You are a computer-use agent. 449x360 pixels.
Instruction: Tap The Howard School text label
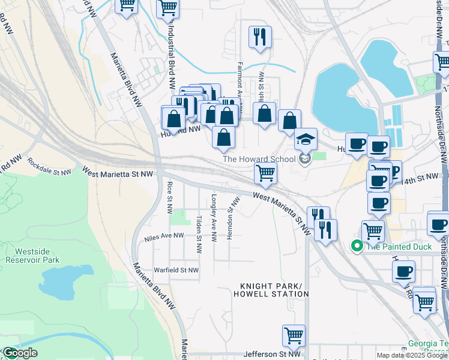coord(259,159)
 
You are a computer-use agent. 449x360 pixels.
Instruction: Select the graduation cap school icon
coord(306,139)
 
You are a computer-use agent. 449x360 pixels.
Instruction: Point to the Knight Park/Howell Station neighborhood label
coord(274,290)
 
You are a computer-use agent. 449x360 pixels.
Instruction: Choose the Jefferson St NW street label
coord(271,355)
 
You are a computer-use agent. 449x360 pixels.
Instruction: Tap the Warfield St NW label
coord(176,271)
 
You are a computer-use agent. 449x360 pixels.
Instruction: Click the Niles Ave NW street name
coord(164,237)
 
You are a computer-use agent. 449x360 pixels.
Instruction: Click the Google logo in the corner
coord(19,353)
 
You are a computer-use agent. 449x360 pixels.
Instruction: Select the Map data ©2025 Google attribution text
coord(412,355)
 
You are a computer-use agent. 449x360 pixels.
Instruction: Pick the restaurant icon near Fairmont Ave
coord(260,37)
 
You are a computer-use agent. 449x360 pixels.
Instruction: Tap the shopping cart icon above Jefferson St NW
coord(294,336)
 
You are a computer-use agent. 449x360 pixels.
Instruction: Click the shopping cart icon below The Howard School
coord(265,173)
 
